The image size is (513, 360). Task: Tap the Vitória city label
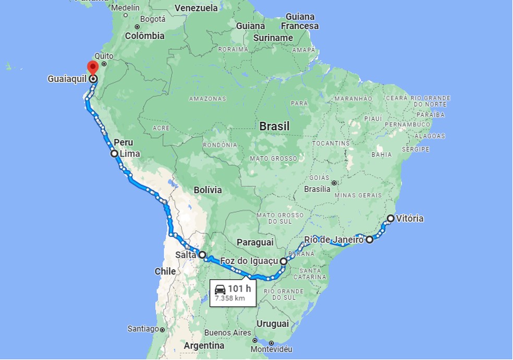[x=409, y=219]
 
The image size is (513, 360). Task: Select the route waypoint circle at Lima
[x=114, y=153]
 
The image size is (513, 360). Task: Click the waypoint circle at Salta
[x=202, y=255]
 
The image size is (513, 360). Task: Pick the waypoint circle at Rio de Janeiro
[x=370, y=240]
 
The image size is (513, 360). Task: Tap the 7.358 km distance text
[x=229, y=299]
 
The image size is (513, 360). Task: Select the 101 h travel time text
[x=239, y=289]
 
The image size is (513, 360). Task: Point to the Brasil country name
[x=274, y=126]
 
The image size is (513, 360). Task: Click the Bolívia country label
[x=207, y=190]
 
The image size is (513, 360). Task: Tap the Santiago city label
[x=142, y=329]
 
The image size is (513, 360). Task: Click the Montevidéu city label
[x=271, y=349]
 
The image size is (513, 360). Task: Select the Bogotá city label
[x=152, y=19]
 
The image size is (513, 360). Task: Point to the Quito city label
[x=104, y=56]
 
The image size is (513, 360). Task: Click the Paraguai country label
[x=255, y=242]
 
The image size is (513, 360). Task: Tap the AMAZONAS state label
[x=207, y=99]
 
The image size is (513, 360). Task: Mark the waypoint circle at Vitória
[x=390, y=218]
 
